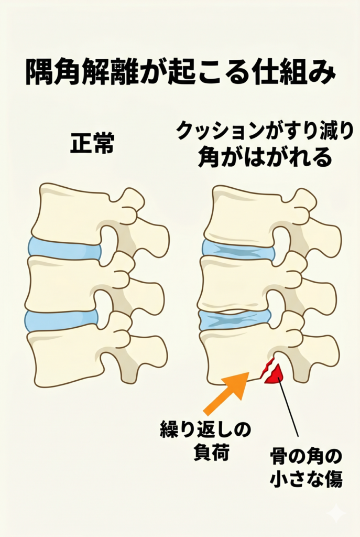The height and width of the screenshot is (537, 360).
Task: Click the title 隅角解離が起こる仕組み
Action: click(180, 72)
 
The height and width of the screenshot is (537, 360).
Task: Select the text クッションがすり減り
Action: click(265, 132)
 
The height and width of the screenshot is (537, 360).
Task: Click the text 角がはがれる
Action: click(265, 157)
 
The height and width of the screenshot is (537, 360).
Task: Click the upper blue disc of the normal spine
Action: click(64, 248)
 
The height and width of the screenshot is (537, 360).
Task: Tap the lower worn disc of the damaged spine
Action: click(235, 320)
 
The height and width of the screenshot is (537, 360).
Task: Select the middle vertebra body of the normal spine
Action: click(65, 284)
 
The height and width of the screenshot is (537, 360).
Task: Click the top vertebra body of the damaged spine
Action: click(245, 214)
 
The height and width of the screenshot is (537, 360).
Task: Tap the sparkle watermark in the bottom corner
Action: click(335, 513)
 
